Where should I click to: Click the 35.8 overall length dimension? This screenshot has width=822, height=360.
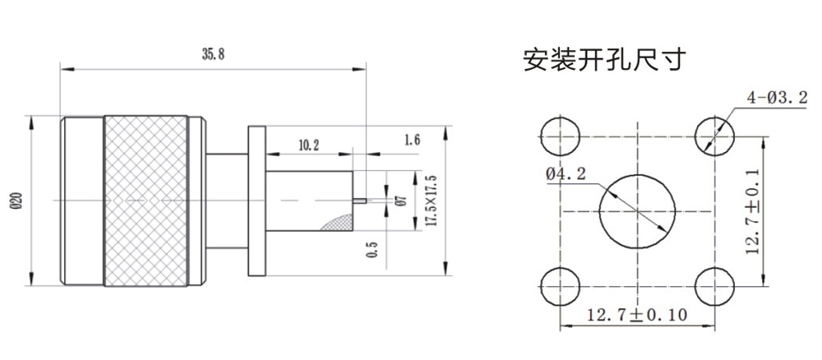(x=212, y=55)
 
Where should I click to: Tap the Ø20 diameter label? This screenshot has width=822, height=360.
(x=16, y=201)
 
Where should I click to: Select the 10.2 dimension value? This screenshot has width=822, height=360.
(x=309, y=145)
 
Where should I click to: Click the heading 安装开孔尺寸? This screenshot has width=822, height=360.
(x=604, y=60)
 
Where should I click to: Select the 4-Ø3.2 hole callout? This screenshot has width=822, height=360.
(x=775, y=98)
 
